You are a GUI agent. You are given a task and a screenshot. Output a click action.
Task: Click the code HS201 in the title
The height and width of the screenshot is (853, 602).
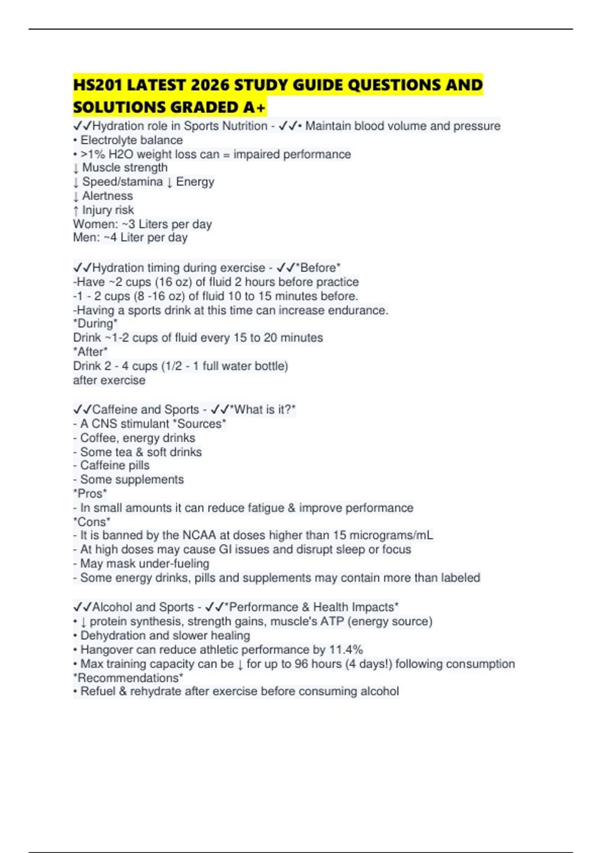tap(98, 85)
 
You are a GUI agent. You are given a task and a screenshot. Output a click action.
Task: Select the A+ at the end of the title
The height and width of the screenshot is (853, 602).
tap(254, 107)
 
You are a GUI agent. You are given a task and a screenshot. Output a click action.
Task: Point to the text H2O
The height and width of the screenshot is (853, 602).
tap(120, 154)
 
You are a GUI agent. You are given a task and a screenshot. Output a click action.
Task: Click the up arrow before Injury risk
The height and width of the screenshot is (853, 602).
tap(76, 210)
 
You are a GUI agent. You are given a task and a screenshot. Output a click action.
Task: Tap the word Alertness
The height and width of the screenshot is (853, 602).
tap(107, 196)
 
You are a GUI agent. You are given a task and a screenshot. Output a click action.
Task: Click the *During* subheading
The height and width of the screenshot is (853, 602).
tap(95, 324)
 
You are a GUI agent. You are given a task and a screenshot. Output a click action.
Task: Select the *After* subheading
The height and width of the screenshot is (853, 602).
tap(90, 352)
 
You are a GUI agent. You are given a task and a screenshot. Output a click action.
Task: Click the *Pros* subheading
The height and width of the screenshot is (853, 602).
tap(90, 494)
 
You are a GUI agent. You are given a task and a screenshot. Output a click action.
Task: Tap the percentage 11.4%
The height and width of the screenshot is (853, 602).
tap(346, 650)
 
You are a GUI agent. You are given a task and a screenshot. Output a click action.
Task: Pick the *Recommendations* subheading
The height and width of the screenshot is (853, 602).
tap(128, 678)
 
